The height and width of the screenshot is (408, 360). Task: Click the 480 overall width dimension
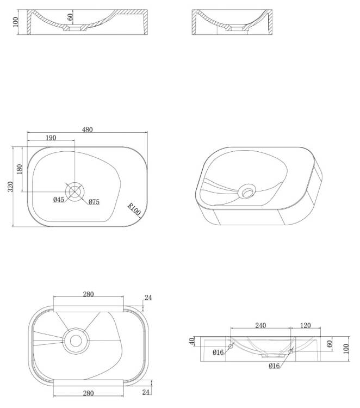[x=88, y=129]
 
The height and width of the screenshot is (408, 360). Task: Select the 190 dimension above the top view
[x=51, y=138]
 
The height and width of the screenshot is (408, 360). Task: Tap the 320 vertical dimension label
[x=10, y=187]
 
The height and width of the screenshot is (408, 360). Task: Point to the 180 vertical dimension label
[x=19, y=169]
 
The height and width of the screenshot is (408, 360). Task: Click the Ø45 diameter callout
[x=59, y=200]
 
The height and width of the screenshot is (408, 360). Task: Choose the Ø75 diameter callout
[x=94, y=202]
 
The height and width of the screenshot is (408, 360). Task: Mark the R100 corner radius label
[x=134, y=209]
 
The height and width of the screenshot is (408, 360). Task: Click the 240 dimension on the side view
[x=260, y=325]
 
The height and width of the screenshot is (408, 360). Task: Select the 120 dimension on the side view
[x=306, y=325]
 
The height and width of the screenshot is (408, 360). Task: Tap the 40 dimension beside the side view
[x=192, y=342]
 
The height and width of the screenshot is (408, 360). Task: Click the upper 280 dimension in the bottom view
[x=89, y=294]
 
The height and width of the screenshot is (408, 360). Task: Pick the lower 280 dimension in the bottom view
[x=89, y=393]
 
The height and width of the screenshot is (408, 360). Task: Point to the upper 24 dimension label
[x=148, y=298]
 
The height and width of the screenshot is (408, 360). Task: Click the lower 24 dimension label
[x=146, y=392]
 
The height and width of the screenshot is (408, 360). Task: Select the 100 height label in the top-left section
[x=16, y=22]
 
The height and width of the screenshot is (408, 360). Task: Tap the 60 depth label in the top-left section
[x=70, y=17]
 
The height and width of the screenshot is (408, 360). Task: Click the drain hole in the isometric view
[x=246, y=191]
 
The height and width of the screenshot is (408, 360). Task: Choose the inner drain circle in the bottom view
[x=76, y=341]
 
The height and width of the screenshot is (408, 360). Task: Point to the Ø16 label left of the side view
[x=218, y=353]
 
